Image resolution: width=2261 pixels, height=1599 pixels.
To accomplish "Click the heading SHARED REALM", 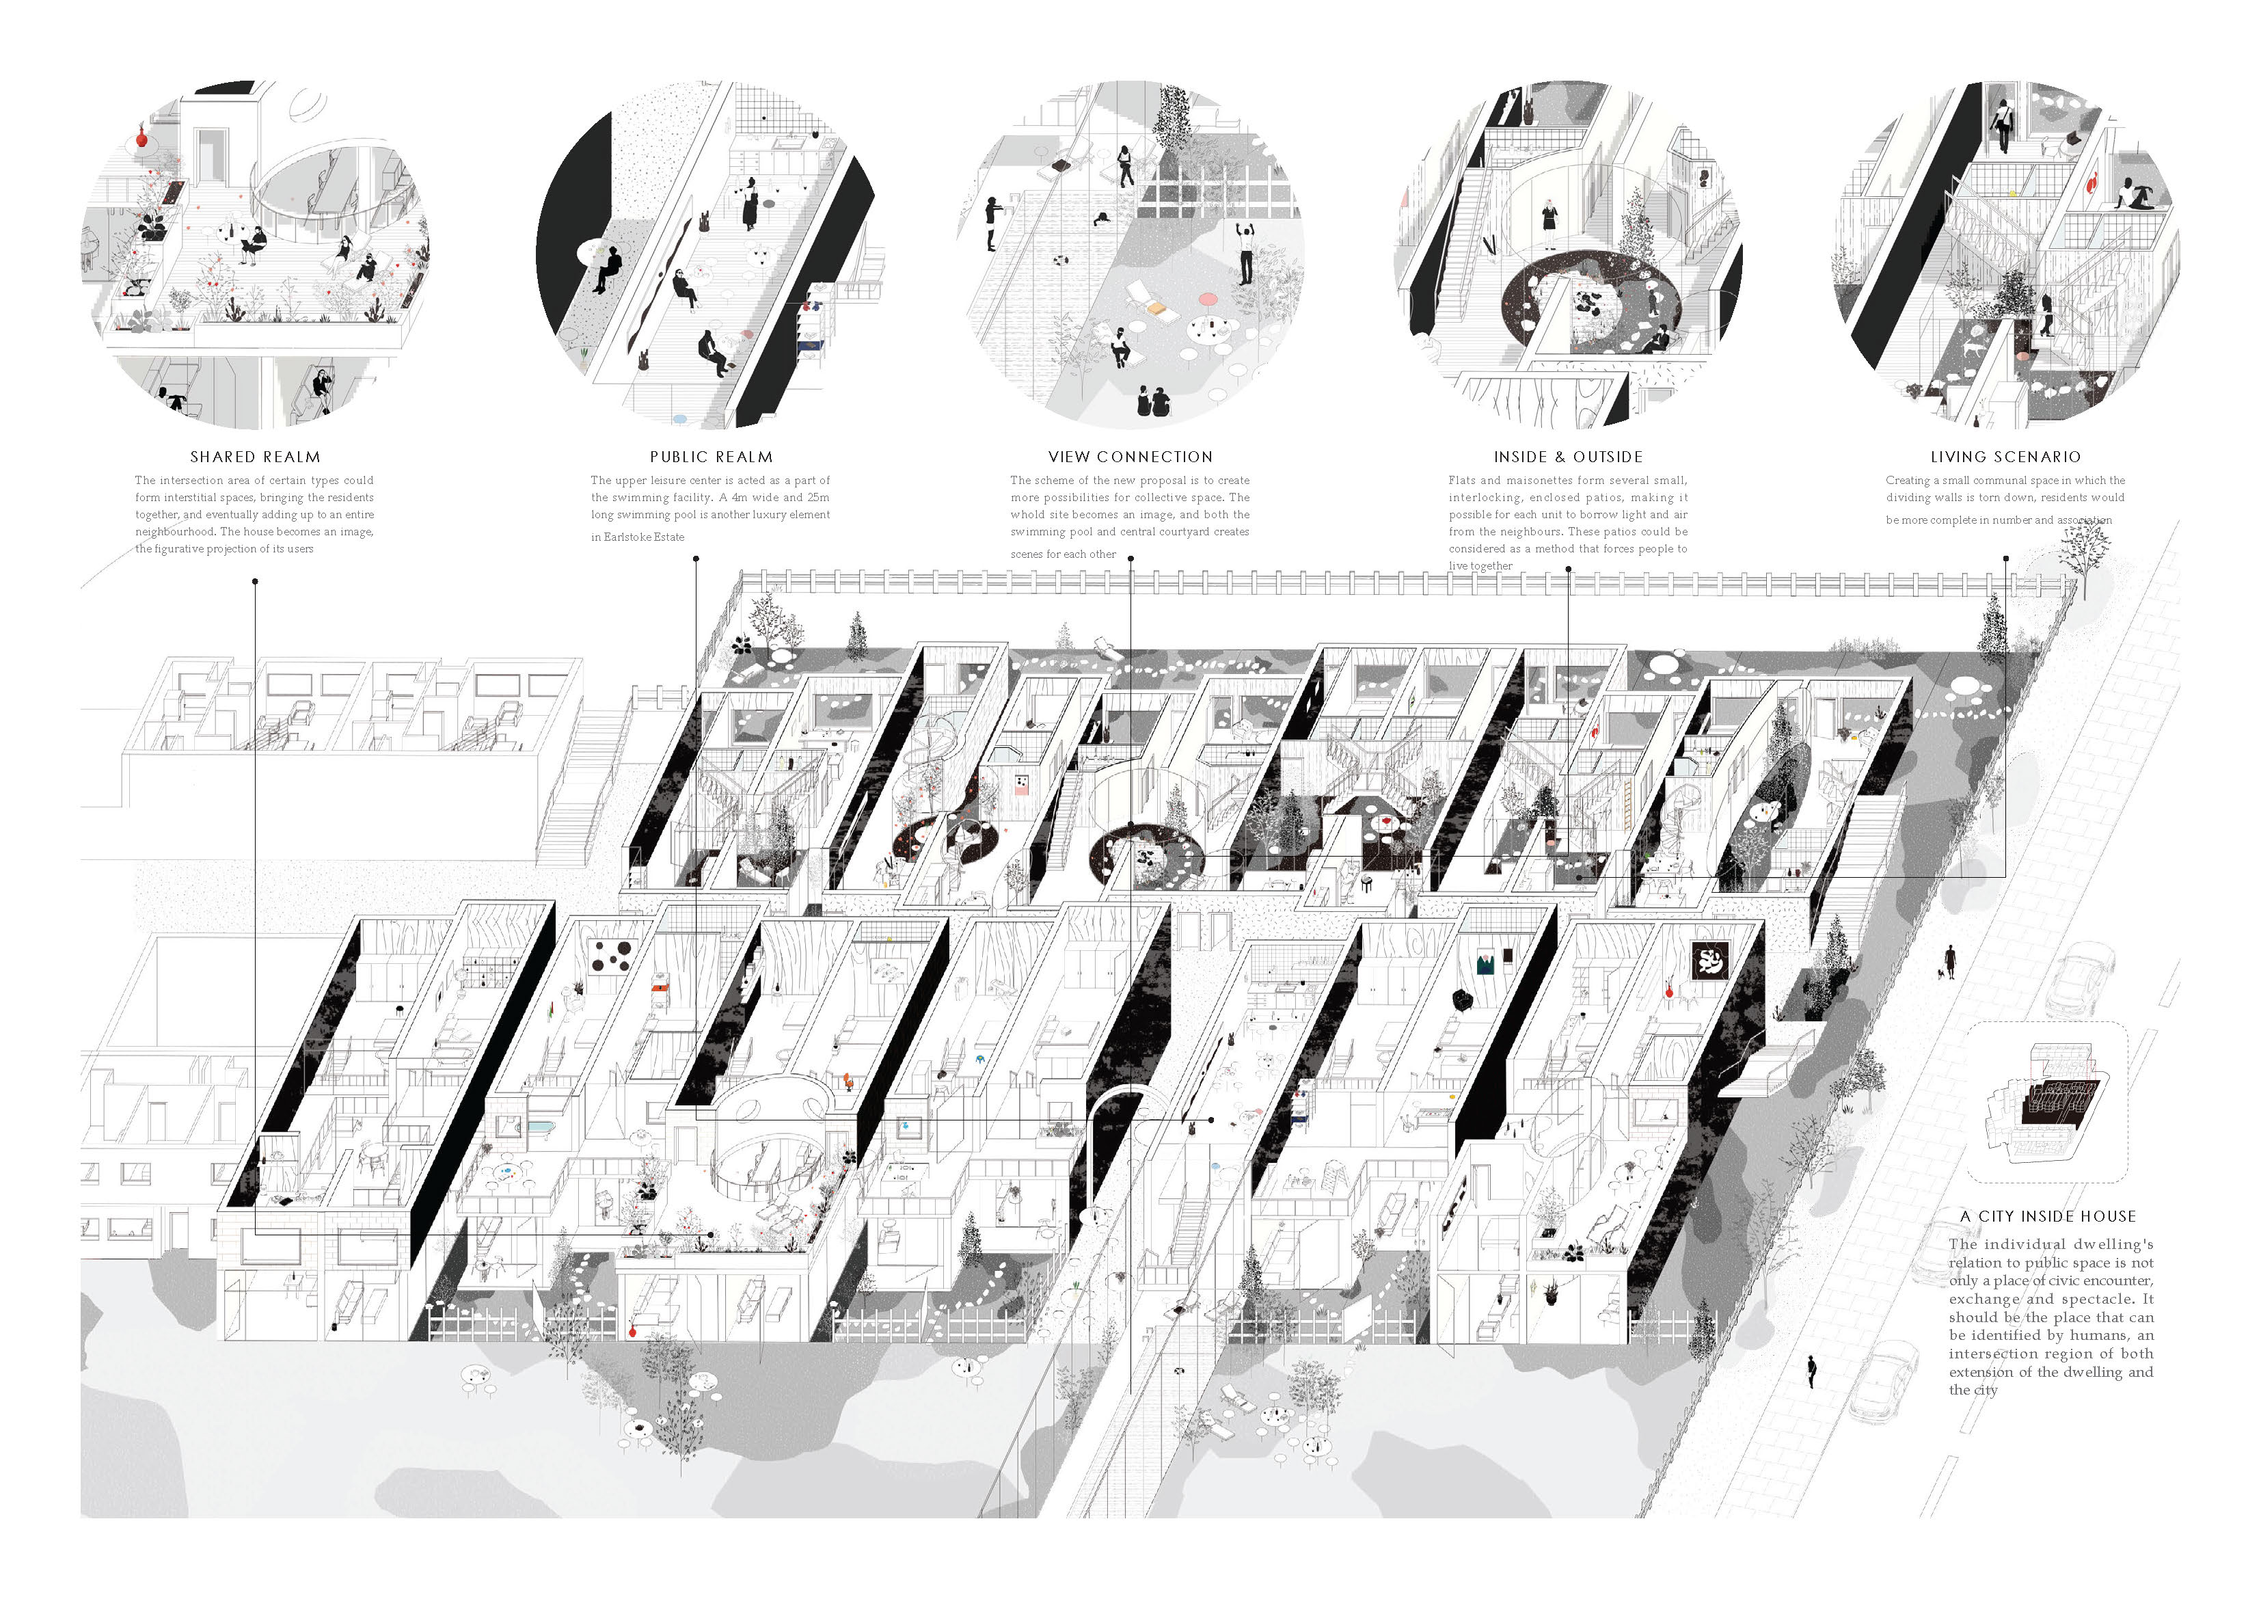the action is click(255, 457).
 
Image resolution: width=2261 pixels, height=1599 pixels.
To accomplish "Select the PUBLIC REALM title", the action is click(711, 457).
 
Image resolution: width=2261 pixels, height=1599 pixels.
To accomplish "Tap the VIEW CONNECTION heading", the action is click(1130, 457).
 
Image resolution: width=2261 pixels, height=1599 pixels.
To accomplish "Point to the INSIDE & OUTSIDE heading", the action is click(1568, 457).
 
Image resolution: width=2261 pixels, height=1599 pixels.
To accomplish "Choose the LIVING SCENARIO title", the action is click(2005, 457).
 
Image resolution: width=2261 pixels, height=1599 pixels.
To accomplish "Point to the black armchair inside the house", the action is click(1463, 1000).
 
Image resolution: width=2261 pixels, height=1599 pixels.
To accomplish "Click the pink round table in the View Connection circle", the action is click(1207, 299).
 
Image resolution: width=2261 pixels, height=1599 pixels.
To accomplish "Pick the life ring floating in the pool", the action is click(1059, 261).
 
